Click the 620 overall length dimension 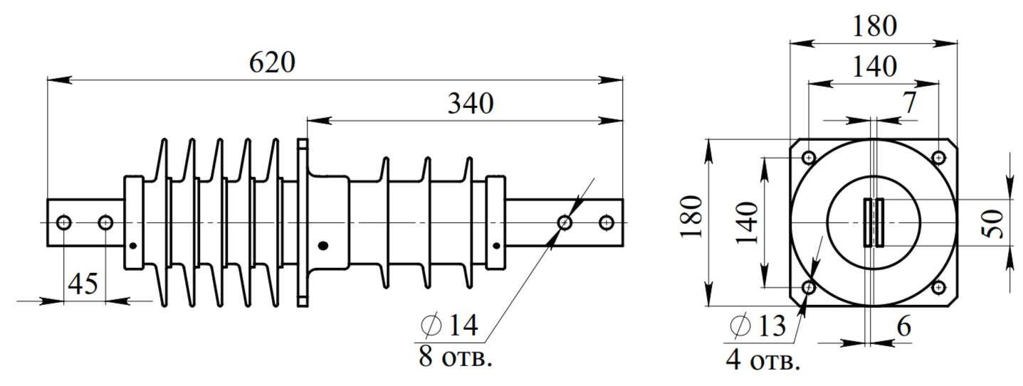pos(272,63)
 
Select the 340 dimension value pos(471,104)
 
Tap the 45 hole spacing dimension pos(83,284)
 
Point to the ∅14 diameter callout pos(449,325)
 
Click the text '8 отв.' pos(456,357)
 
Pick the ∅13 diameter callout pos(757,326)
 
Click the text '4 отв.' pos(762,360)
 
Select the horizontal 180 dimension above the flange pos(875,26)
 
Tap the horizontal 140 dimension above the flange pos(875,67)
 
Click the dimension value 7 pos(910,103)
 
